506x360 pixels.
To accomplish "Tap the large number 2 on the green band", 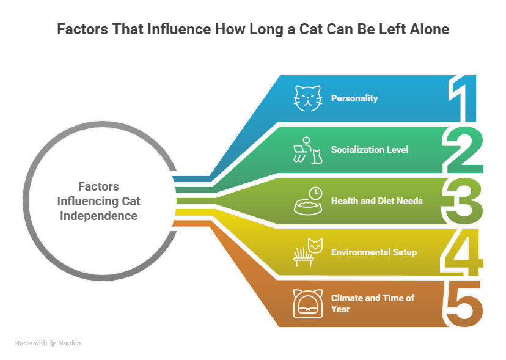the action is pos(463,150).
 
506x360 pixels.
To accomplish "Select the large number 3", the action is pos(462,201).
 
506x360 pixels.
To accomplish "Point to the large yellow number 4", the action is pos(462,252).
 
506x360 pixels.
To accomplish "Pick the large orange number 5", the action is pos(464,304).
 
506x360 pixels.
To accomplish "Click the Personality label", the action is pos(354,98).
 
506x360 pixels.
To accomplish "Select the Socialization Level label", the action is pos(370,150).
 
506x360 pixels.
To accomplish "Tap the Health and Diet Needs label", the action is pos(377,201).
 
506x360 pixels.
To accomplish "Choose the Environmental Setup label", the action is pos(374,252).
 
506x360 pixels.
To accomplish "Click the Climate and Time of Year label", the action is pos(373,304).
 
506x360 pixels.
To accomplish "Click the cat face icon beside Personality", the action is pos(308,98).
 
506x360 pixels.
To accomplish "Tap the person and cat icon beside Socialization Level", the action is pos(308,150).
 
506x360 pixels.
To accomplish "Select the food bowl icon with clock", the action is pos(308,201).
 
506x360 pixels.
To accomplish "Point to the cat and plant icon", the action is pos(308,252).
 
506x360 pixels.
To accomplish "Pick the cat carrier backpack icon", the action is pos(308,304).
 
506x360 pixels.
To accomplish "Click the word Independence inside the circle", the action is pos(99,216).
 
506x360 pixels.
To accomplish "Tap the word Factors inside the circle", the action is pos(99,186).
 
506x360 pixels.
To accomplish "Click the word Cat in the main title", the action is pos(311,29).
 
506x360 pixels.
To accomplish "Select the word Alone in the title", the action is pos(429,29).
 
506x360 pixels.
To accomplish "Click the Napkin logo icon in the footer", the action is pos(53,343).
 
